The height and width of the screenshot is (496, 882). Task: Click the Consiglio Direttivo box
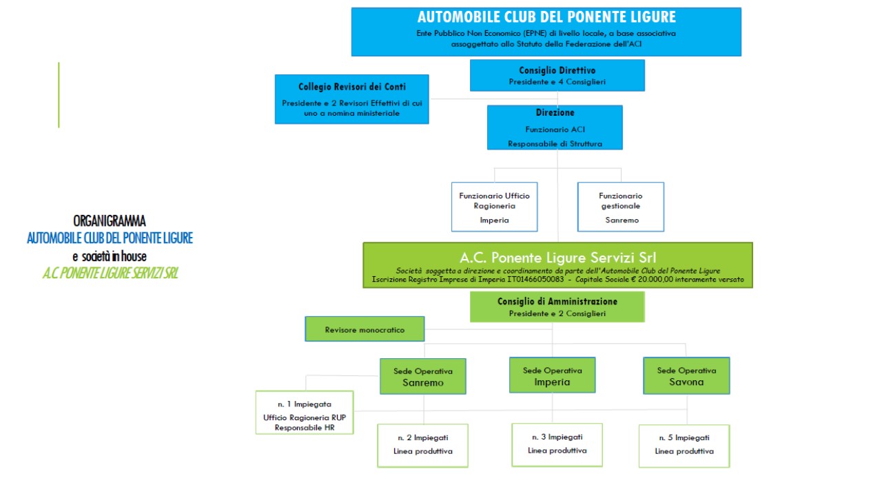tap(557, 75)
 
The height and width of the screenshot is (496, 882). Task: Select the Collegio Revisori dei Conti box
tap(351, 99)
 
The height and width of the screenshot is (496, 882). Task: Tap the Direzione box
tap(555, 127)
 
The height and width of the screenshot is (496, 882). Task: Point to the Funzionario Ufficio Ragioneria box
tap(494, 207)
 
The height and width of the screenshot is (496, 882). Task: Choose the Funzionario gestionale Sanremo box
tap(620, 207)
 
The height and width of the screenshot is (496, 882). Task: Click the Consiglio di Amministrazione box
tap(557, 307)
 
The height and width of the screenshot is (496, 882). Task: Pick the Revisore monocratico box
tap(365, 329)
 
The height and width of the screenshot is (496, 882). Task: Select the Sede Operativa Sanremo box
tap(422, 376)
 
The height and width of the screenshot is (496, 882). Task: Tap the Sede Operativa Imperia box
tap(552, 375)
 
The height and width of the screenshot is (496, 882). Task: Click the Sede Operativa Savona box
tap(686, 375)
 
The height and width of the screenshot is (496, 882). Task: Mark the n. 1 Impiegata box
tap(304, 412)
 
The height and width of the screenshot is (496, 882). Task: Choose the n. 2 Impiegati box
tap(423, 445)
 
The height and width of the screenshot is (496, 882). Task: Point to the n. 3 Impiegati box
tap(557, 444)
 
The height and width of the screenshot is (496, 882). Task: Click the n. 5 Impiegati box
tap(684, 445)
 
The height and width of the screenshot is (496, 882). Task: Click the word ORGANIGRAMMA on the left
tap(110, 221)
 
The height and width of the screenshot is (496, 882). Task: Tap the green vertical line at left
tap(59, 95)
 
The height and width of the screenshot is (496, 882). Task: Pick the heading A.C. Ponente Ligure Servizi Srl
tap(557, 256)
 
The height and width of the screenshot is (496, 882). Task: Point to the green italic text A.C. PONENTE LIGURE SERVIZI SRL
tap(110, 273)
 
